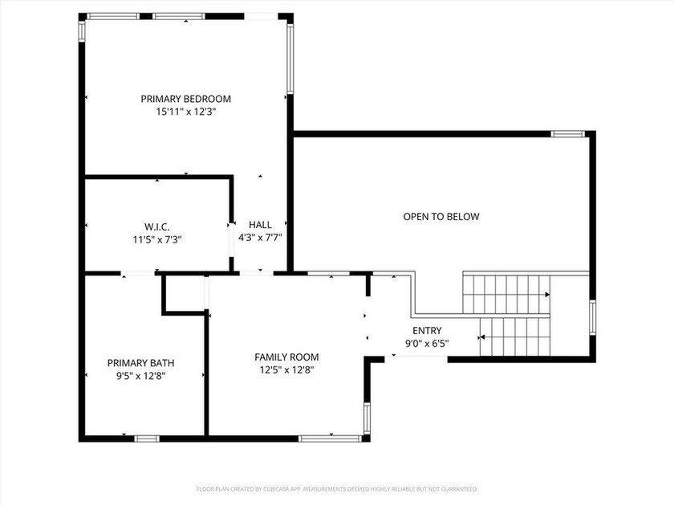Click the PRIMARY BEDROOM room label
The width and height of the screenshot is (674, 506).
(x=185, y=99)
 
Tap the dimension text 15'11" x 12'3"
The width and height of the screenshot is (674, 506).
(x=185, y=112)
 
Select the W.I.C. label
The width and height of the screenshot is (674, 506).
(x=156, y=226)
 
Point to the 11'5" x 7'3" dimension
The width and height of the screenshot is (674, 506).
(x=156, y=239)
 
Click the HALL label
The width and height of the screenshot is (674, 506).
(x=260, y=225)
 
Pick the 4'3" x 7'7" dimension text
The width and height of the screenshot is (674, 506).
(x=260, y=238)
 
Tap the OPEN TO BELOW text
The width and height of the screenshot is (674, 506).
(x=441, y=216)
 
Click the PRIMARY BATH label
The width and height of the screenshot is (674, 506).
(x=140, y=362)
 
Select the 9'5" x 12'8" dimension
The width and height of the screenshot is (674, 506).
(x=140, y=375)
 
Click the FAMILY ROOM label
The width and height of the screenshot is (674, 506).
(x=286, y=357)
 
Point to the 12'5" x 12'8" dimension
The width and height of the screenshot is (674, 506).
(x=286, y=369)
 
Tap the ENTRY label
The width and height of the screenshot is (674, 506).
(x=426, y=331)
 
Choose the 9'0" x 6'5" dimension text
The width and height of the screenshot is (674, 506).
(x=426, y=344)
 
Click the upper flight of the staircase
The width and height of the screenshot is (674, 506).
(x=505, y=293)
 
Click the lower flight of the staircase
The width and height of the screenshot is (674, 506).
(x=514, y=336)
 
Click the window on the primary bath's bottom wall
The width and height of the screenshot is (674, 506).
(x=146, y=438)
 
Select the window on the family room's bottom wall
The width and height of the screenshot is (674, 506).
(x=330, y=438)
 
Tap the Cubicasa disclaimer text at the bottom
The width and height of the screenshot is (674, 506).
(x=337, y=488)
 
